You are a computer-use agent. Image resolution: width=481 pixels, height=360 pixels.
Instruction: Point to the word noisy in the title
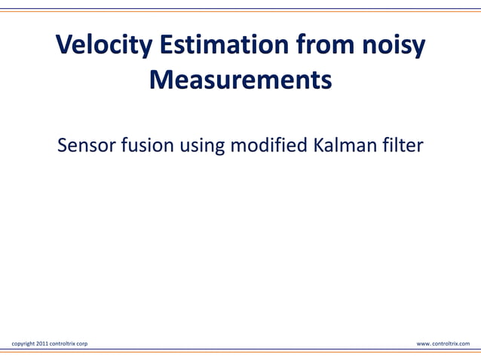coord(392,47)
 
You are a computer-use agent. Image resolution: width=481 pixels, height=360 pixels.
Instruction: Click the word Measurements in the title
coord(240,79)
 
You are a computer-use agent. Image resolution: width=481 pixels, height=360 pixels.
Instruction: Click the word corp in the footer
coord(82,344)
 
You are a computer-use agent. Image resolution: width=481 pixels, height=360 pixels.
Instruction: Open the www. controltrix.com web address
coord(443,343)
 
